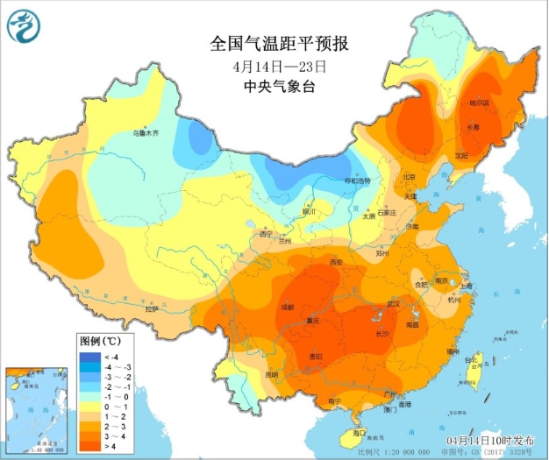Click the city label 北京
(408, 178)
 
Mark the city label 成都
(288, 308)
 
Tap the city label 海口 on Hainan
(359, 433)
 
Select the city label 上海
(467, 286)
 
